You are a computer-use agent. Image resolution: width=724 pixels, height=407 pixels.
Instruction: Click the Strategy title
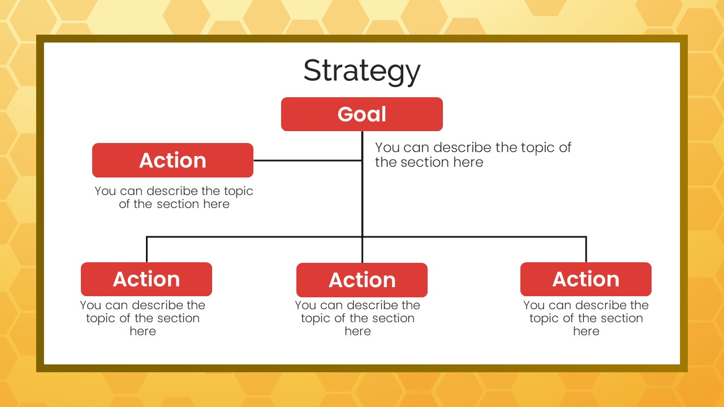coord(362,71)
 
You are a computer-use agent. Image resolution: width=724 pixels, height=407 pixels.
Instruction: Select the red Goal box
coord(362,114)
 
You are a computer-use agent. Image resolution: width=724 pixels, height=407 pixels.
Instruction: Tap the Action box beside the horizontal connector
coord(173,160)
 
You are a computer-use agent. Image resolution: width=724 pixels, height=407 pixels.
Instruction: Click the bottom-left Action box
coord(146,279)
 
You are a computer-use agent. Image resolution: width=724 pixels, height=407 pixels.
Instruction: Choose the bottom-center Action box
coord(362,280)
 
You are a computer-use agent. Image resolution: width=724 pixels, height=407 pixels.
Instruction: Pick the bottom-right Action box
coord(586,279)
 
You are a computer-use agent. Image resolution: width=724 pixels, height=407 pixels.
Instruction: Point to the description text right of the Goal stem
coord(473,155)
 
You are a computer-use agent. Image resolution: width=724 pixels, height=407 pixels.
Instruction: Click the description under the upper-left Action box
coord(174,197)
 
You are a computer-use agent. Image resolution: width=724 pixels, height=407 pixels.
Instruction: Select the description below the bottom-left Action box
coord(143,318)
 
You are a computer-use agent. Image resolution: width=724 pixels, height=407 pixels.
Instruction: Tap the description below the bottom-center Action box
coord(357,318)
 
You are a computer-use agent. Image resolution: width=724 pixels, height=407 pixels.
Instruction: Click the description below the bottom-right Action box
coord(586,318)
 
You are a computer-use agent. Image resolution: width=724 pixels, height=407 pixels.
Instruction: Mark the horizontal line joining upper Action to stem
coord(308,160)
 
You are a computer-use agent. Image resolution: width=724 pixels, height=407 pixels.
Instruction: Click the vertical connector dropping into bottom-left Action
coord(146,250)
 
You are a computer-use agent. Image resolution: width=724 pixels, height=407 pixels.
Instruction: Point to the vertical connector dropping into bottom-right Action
coord(586,250)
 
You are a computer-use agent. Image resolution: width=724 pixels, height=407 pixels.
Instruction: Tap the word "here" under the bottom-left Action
coord(143,331)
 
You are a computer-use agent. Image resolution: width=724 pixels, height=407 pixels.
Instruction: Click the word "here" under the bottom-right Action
coord(586,331)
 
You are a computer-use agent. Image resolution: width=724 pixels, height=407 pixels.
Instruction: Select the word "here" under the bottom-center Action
coord(357,331)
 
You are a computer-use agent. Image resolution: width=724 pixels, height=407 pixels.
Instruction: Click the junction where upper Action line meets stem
coord(363,160)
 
